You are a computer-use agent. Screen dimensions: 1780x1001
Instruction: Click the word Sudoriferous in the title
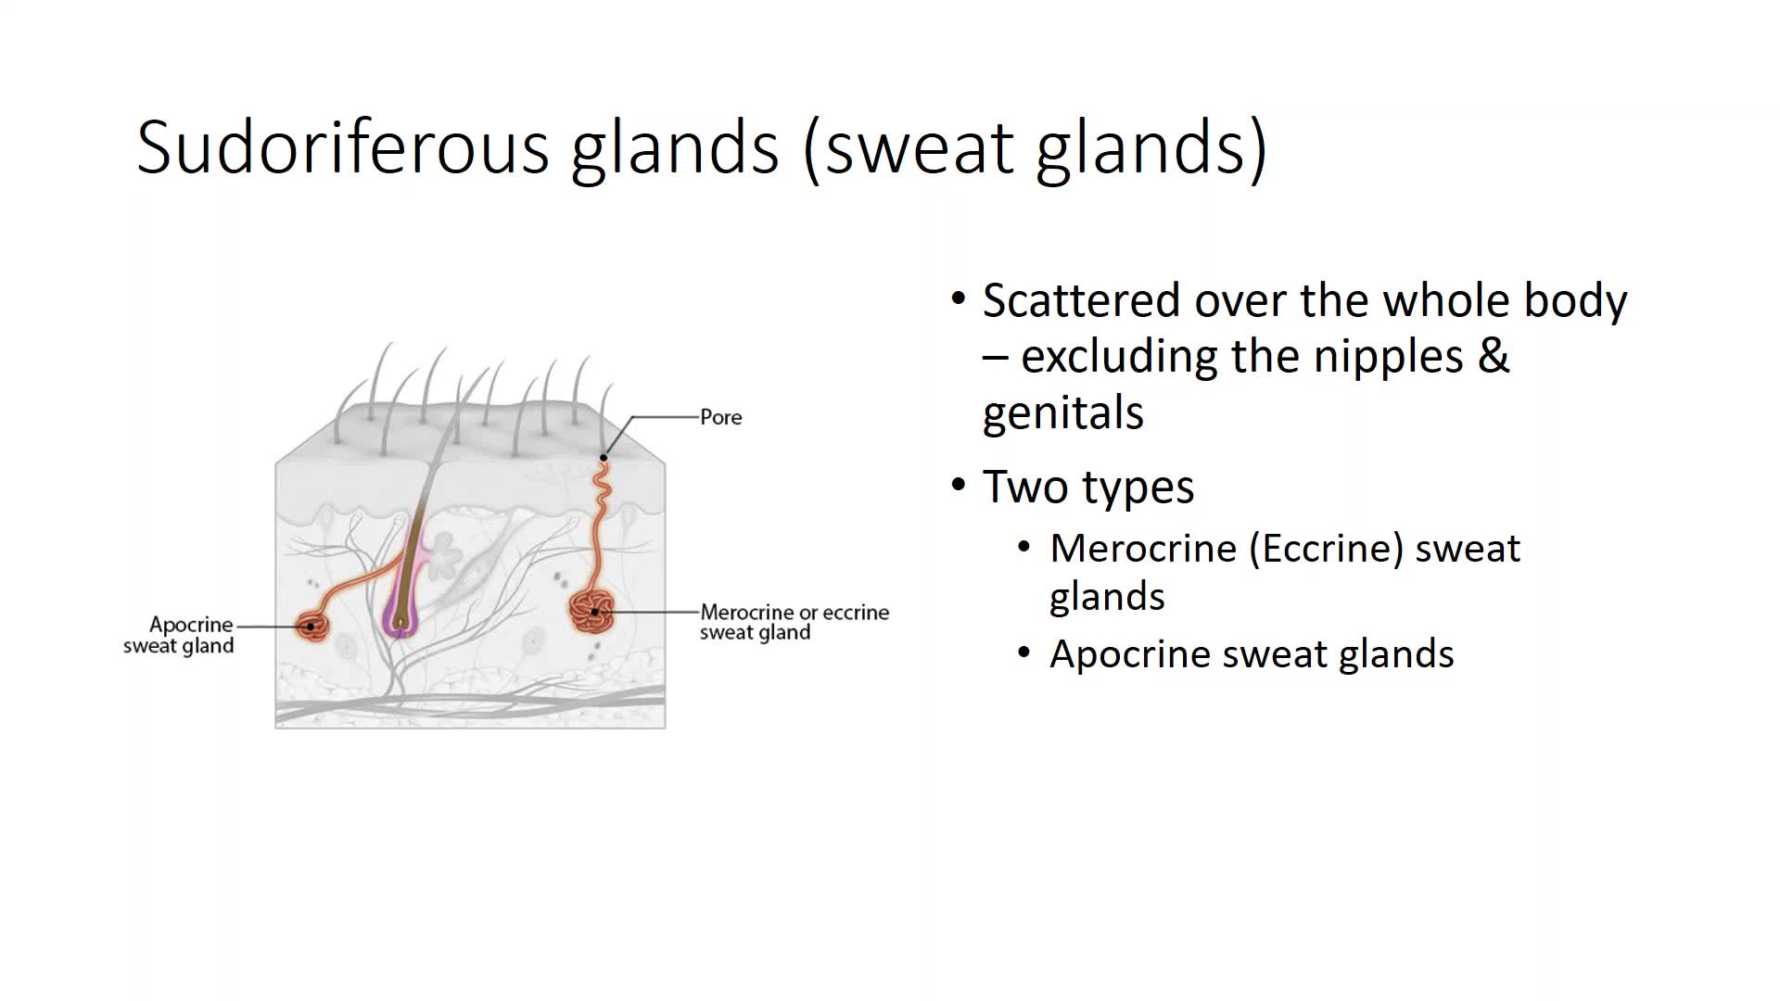click(342, 146)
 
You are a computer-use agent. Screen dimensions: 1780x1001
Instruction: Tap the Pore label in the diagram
click(720, 417)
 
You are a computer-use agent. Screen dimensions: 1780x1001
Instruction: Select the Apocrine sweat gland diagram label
click(178, 635)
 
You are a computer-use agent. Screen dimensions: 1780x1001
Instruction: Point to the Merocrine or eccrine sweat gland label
click(795, 622)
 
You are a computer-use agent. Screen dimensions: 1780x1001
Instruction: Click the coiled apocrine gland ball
click(313, 627)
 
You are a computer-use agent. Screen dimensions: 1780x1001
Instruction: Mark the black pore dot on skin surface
click(604, 457)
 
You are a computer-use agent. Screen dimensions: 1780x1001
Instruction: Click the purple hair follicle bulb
click(400, 612)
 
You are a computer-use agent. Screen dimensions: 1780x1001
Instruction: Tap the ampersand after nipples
click(1494, 356)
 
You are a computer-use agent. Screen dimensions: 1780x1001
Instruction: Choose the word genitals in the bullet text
click(1063, 413)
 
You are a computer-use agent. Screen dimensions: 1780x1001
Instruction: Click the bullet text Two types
click(1088, 487)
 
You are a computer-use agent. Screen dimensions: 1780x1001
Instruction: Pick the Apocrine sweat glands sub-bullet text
click(1252, 654)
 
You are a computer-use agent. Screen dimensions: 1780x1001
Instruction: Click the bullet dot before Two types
click(959, 485)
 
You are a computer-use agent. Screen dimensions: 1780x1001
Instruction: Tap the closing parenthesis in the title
click(1258, 148)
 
